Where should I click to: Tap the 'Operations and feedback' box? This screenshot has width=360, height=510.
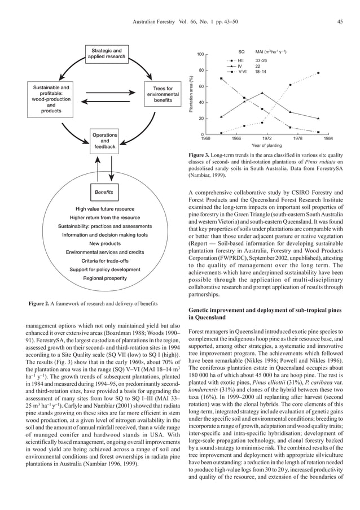tap(104, 141)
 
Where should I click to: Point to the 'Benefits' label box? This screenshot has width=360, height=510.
tap(104, 193)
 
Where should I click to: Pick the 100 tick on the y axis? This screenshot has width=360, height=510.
tap(200, 54)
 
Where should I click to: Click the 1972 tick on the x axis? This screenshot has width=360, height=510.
tap(267, 138)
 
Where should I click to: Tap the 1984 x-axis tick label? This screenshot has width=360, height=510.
tap(327, 138)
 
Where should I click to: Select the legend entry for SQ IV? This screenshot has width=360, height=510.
tap(233, 66)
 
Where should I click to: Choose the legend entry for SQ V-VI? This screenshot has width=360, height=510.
tap(232, 72)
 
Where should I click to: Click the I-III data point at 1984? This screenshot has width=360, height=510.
tap(319, 73)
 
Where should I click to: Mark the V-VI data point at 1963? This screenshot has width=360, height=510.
tap(221, 78)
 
